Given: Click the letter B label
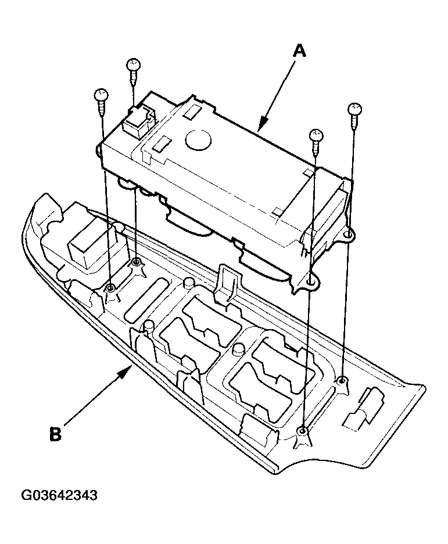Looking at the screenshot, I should point(55,434).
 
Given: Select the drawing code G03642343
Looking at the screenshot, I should point(59,496).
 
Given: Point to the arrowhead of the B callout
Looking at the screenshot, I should point(128,370).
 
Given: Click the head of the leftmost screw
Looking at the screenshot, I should point(101,94).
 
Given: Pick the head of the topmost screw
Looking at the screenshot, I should point(134,64).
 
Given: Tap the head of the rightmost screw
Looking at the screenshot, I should point(354,109).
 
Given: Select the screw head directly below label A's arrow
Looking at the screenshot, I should point(316,135).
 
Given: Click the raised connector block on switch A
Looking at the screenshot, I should point(137,120).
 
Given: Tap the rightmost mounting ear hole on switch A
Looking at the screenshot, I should point(347,234).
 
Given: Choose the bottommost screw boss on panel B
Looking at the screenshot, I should point(302,431).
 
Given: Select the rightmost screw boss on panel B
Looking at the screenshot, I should point(343,381).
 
